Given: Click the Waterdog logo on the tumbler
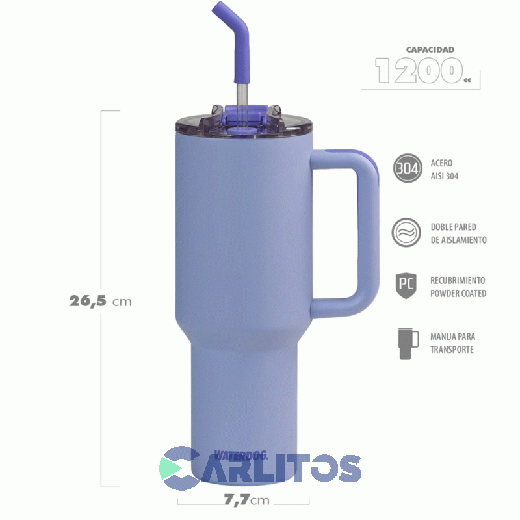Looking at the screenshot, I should pos(240,456).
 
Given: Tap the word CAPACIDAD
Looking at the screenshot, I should pos(430,49).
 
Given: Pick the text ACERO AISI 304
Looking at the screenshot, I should pos(445,170).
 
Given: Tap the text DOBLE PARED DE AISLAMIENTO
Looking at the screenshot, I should pos(458,233).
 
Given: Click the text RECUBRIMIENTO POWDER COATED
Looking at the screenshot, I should pos(458,287).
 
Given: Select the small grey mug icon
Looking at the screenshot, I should pos(406,343).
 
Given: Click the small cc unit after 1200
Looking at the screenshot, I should pos(467,80).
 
